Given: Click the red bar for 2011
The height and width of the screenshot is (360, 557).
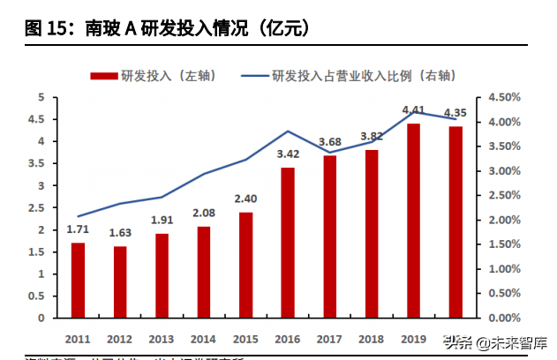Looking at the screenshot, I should coord(78,280).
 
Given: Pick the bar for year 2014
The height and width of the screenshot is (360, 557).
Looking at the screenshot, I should coord(204,272).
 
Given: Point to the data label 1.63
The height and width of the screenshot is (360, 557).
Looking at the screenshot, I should coord(119,234).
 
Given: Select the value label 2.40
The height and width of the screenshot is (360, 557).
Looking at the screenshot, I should coord(245,199).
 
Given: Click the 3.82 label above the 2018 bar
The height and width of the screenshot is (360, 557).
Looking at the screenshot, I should coord(372,137).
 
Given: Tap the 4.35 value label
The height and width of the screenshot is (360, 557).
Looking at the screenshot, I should coord(455,113).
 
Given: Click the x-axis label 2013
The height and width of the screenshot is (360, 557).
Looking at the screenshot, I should coord(162,338).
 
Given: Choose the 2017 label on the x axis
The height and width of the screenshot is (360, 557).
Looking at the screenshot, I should coord(329,338).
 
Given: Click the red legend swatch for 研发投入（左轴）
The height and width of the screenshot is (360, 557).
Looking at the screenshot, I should coord(102,76).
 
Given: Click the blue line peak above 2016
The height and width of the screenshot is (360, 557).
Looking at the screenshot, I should coord(288,131).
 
